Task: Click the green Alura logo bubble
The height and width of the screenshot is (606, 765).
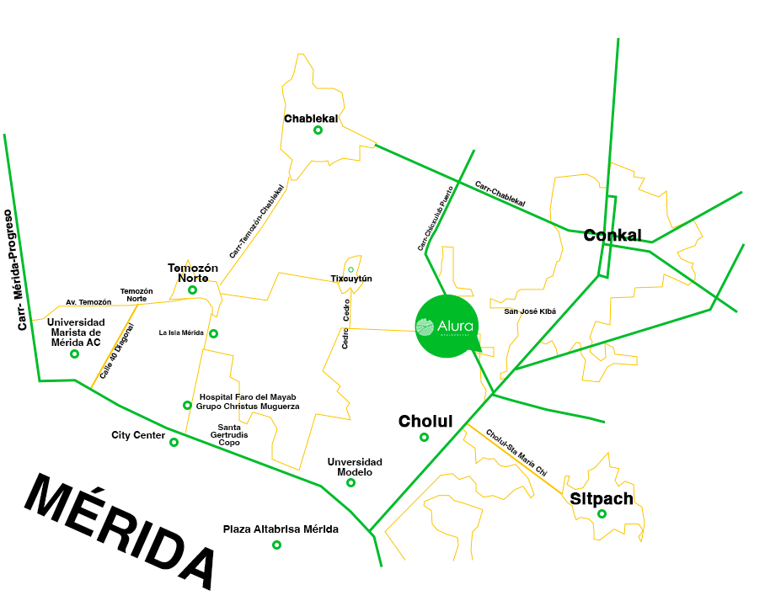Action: click(445, 327)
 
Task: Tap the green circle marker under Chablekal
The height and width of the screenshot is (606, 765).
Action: click(318, 130)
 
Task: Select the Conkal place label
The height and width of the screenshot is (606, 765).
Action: click(613, 235)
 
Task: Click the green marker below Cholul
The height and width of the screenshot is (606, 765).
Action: click(424, 437)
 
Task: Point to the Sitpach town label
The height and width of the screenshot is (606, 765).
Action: click(602, 498)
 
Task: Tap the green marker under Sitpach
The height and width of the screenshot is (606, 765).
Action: click(602, 513)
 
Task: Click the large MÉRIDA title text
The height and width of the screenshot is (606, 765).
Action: click(121, 531)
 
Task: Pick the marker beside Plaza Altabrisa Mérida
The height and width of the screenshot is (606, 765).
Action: click(276, 545)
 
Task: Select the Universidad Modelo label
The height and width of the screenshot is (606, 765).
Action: click(355, 467)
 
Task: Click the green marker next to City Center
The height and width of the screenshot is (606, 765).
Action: click(174, 442)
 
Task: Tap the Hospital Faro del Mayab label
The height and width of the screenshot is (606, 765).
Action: click(248, 401)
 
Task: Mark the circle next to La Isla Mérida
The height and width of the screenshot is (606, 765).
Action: click(213, 333)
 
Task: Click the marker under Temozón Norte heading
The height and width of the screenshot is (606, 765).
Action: click(193, 290)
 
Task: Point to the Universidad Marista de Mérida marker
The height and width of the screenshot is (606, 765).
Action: click(74, 353)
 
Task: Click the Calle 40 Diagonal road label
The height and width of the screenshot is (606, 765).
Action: click(116, 351)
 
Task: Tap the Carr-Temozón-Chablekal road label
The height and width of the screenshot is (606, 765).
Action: click(258, 221)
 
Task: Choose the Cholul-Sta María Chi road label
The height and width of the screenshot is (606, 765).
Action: click(516, 453)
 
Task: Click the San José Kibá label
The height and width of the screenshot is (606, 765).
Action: click(530, 311)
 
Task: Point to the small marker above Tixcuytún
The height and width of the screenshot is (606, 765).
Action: click(351, 269)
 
